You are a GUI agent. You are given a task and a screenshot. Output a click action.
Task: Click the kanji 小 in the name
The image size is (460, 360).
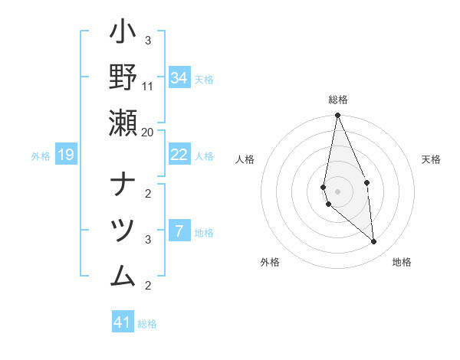pos(123,34)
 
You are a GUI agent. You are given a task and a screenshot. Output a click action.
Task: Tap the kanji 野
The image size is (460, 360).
pos(123,77)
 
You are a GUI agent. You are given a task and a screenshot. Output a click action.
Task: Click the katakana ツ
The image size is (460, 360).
pos(123,229)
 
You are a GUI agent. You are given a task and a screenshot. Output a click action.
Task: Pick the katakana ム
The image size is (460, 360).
pos(123,273)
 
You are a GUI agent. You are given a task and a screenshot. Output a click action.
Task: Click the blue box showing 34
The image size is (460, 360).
pos(179,78)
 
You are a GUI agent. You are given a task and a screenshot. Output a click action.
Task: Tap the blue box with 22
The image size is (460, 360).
pos(179,155)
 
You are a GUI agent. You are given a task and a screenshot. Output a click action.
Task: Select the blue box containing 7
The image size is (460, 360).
pos(179,231)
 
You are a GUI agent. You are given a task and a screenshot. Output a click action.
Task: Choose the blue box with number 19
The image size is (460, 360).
pos(65,155)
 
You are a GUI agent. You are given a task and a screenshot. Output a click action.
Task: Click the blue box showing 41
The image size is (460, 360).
pos(123,322)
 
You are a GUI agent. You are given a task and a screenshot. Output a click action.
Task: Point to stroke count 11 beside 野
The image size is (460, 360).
pos(148,86)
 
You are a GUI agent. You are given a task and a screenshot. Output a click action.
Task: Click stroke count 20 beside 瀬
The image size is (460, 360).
pos(148,132)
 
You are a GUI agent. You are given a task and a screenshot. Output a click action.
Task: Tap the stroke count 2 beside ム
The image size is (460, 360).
pos(148,286)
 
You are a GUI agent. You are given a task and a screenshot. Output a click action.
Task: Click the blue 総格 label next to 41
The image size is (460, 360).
pos(147,324)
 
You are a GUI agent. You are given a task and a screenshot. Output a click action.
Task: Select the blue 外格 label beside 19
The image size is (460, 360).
pos(41,156)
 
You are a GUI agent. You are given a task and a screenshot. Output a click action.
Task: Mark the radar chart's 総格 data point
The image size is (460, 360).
pos(337,116)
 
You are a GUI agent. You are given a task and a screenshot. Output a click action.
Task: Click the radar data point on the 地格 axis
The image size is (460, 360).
pos(373,241)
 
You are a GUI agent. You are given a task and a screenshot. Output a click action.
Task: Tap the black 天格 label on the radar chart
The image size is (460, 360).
pos(431,159)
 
